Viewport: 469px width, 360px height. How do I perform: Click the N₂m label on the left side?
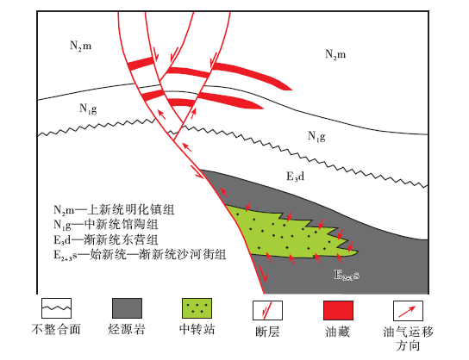pyautogui.click(x=81, y=46)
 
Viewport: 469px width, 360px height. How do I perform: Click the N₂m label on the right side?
pyautogui.click(x=335, y=54)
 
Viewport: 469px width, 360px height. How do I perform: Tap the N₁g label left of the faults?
pyautogui.click(x=88, y=109)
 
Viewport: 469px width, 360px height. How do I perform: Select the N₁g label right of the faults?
pyautogui.click(x=316, y=136)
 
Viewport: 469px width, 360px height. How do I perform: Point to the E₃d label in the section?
pyautogui.click(x=295, y=177)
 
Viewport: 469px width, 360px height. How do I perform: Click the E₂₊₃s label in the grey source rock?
pyautogui.click(x=347, y=275)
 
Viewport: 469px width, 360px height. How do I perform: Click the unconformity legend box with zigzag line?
pyautogui.click(x=56, y=308)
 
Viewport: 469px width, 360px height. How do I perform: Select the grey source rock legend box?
pyautogui.click(x=127, y=308)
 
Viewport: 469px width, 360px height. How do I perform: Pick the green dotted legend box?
pyautogui.click(x=197, y=308)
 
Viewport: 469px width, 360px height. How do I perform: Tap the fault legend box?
pyautogui.click(x=267, y=310)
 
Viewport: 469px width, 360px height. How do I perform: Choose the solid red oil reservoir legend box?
pyautogui.click(x=338, y=310)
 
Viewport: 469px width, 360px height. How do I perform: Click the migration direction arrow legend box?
pyautogui.click(x=408, y=311)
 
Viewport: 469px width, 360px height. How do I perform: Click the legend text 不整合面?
pyautogui.click(x=56, y=329)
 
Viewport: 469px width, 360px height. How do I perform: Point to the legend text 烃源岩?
pyautogui.click(x=127, y=329)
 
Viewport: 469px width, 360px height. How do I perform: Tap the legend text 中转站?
pyautogui.click(x=197, y=329)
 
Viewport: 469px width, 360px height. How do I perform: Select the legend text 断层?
pyautogui.click(x=267, y=332)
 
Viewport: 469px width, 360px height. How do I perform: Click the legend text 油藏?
pyautogui.click(x=338, y=332)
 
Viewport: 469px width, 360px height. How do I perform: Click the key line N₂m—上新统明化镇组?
pyautogui.click(x=114, y=210)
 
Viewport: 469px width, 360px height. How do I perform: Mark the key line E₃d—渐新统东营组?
pyautogui.click(x=105, y=239)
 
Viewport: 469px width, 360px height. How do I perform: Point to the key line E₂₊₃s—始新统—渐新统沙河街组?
pyautogui.click(x=140, y=255)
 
